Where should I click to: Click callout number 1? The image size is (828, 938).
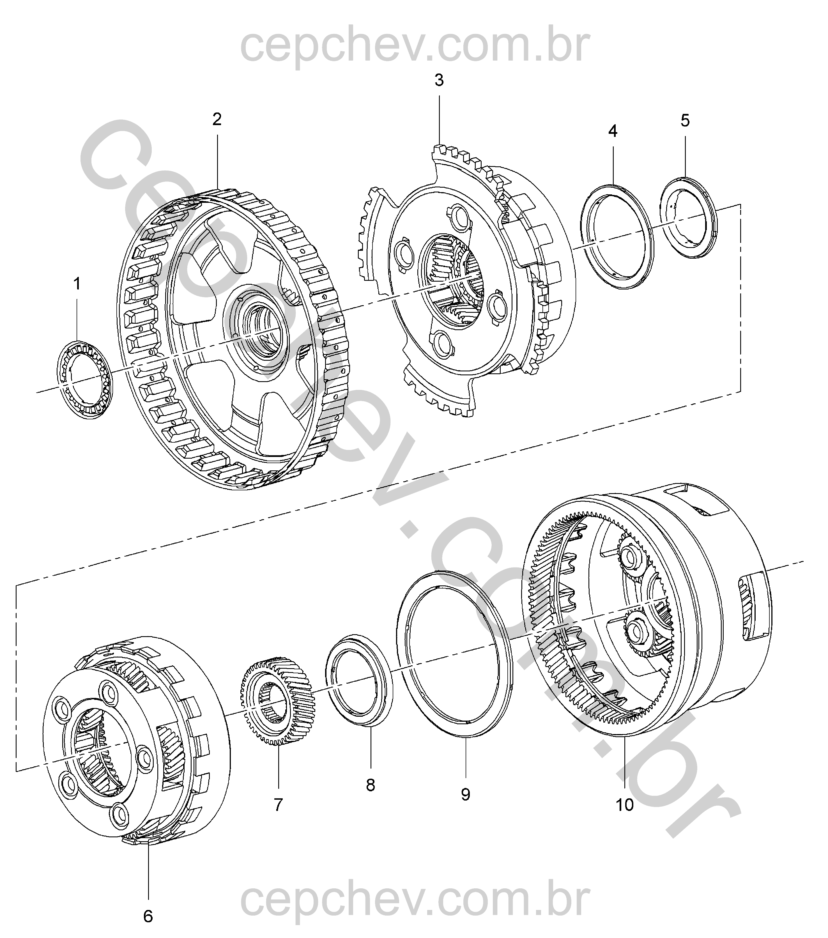77,284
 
